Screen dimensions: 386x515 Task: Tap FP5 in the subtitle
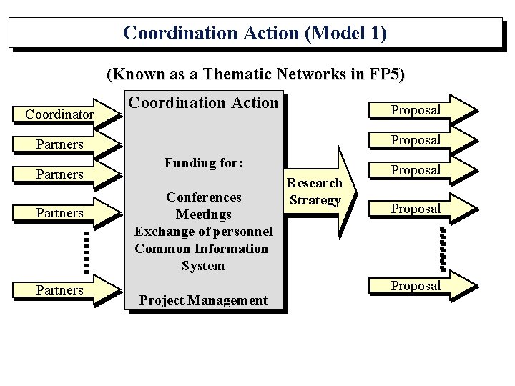[x=387, y=74]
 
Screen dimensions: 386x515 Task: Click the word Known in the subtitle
[x=140, y=74]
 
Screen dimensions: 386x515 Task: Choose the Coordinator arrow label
[x=59, y=114]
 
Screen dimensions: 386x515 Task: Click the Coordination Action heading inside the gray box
[x=202, y=103]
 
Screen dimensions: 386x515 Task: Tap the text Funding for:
[x=204, y=163]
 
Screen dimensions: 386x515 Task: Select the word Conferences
[x=204, y=197]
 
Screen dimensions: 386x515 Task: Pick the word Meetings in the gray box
[x=204, y=214]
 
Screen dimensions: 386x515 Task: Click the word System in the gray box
[x=204, y=266]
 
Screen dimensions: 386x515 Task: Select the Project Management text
[x=204, y=300]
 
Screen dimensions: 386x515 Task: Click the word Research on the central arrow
[x=315, y=183]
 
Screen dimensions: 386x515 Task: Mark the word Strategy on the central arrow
[x=315, y=199]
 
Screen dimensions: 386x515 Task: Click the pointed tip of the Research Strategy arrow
[x=355, y=191]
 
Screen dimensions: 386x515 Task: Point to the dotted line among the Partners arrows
[x=85, y=251]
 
